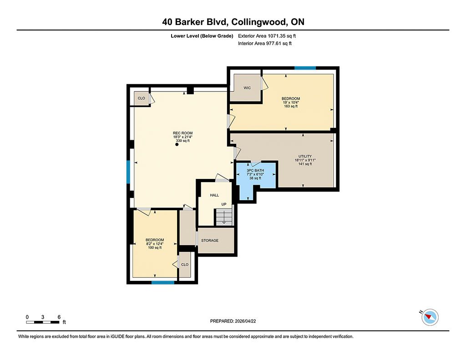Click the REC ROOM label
183,133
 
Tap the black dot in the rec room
177,144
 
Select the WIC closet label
247,88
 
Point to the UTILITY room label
305,157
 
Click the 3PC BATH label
255,171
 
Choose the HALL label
214,195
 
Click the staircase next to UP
224,217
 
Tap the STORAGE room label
210,240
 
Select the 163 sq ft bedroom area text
291,106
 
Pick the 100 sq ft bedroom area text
155,248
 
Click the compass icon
430,317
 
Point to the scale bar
42,322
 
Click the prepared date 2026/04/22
245,321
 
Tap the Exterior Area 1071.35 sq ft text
267,36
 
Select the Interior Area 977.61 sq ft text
265,43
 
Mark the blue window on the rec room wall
128,172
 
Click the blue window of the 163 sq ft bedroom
305,68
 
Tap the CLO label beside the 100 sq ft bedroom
185,264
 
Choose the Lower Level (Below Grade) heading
202,36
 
